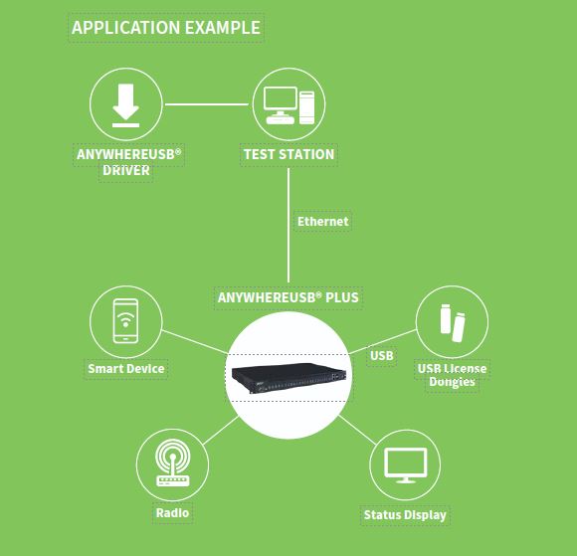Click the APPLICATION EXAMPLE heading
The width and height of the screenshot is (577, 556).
click(166, 28)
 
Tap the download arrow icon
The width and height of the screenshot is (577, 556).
click(126, 105)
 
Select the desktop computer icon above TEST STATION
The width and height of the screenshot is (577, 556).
click(288, 105)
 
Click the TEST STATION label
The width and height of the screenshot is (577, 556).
click(288, 154)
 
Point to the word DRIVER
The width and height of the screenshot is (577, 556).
click(126, 171)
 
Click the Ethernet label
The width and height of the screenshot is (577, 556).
click(322, 222)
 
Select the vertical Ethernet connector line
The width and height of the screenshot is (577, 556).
click(288, 225)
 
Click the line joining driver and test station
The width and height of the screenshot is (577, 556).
click(207, 104)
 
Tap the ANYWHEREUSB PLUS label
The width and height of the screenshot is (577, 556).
click(288, 297)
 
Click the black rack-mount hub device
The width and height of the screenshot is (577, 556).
click(288, 377)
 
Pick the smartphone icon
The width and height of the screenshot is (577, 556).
click(126, 321)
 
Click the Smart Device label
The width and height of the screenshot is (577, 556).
click(126, 369)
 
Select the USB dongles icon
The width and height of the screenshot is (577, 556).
click(453, 323)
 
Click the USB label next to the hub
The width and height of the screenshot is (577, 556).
click(382, 356)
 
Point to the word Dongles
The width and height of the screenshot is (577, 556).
click(452, 382)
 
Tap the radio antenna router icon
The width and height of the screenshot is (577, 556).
click(172, 463)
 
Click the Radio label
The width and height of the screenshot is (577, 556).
click(172, 513)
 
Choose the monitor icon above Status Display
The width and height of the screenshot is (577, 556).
click(406, 465)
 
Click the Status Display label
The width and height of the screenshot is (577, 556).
click(405, 515)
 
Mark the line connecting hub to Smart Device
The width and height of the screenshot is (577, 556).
click(195, 342)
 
